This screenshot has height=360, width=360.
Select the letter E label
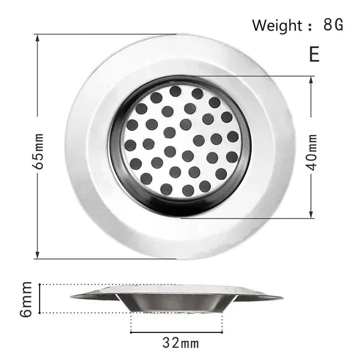tap(314, 54)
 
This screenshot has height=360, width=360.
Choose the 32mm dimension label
tap(180, 344)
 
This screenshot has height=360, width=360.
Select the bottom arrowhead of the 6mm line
tap(40, 311)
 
